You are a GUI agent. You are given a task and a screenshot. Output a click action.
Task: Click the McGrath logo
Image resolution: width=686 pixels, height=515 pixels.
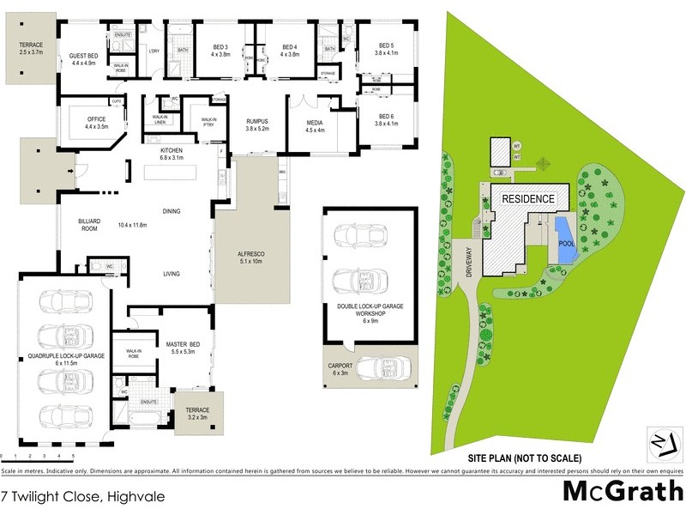tap(623, 492)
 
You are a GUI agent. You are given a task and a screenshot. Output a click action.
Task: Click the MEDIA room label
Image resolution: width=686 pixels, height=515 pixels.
tap(315, 127)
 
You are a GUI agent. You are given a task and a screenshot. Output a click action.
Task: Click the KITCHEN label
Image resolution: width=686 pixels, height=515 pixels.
tap(172, 154)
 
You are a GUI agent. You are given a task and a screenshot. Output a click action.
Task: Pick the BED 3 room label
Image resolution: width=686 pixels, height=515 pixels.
tap(220, 50)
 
